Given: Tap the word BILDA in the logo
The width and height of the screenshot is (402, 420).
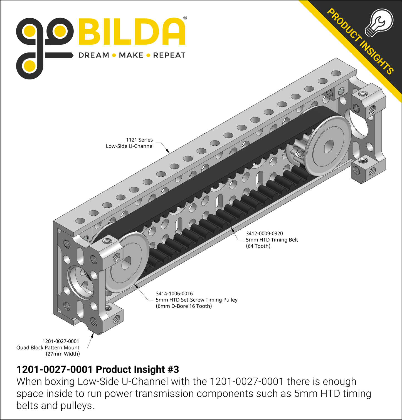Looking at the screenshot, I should (x=132, y=32).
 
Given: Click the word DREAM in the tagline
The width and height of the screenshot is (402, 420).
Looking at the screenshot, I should (x=94, y=55).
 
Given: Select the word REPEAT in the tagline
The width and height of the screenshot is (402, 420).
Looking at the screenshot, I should (x=169, y=55).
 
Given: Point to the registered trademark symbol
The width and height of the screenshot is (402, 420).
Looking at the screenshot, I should (x=185, y=18).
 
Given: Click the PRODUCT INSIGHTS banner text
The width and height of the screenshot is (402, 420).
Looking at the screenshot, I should (x=361, y=42).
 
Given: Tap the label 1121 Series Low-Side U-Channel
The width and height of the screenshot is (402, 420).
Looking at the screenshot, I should (x=130, y=143).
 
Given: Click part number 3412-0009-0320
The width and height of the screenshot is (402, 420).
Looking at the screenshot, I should (x=264, y=234).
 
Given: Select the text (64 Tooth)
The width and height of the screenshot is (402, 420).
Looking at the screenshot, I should (x=258, y=246).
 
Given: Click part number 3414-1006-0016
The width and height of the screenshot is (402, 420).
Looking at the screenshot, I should (x=174, y=294).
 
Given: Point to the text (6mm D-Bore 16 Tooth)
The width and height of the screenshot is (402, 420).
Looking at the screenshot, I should (x=184, y=306).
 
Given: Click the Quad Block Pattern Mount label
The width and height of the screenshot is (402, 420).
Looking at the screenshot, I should (x=48, y=347).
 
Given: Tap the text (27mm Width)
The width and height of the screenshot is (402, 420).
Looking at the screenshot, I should (x=63, y=354).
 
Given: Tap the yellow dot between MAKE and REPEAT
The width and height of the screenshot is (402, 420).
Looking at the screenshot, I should (x=148, y=55).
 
